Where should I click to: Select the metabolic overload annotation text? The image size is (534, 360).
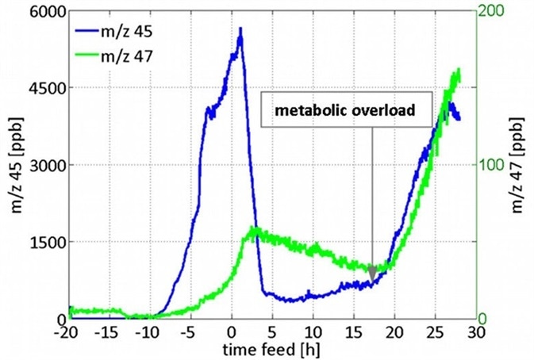pos(345,111)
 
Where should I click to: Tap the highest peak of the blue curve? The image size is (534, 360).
pos(240,29)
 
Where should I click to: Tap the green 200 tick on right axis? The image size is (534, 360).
pos(494,12)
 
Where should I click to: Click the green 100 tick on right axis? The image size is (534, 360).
pos(494,166)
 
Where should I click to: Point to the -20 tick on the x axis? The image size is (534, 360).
pos(69,331)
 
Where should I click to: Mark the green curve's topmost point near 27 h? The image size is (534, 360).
pos(457,71)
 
